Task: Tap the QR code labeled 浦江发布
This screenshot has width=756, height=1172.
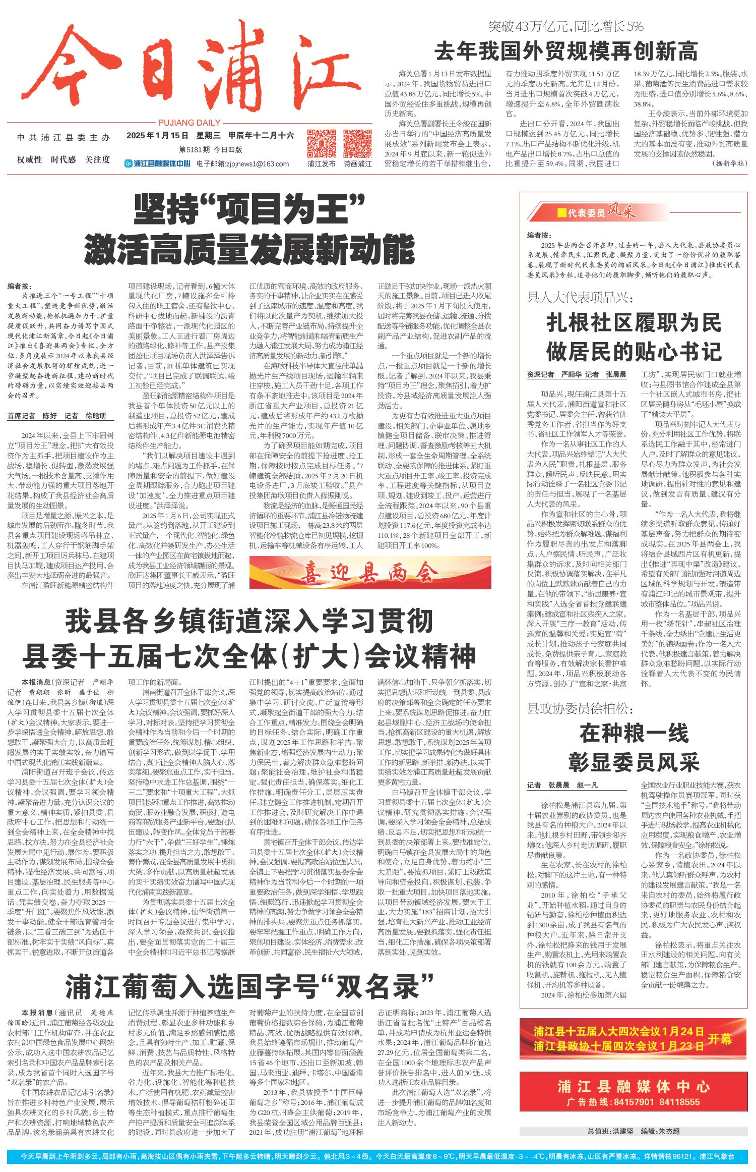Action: pyautogui.click(x=322, y=143)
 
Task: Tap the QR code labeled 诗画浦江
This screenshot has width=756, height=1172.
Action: pyautogui.click(x=357, y=143)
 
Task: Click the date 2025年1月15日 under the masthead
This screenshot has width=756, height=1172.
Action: pyautogui.click(x=157, y=135)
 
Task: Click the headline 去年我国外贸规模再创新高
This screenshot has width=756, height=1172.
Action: pyautogui.click(x=566, y=51)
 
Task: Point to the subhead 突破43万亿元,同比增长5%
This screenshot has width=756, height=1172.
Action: pyautogui.click(x=566, y=26)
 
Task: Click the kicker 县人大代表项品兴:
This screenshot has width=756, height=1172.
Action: pyautogui.click(x=580, y=298)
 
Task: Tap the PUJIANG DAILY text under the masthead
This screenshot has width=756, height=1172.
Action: pyautogui.click(x=189, y=122)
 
